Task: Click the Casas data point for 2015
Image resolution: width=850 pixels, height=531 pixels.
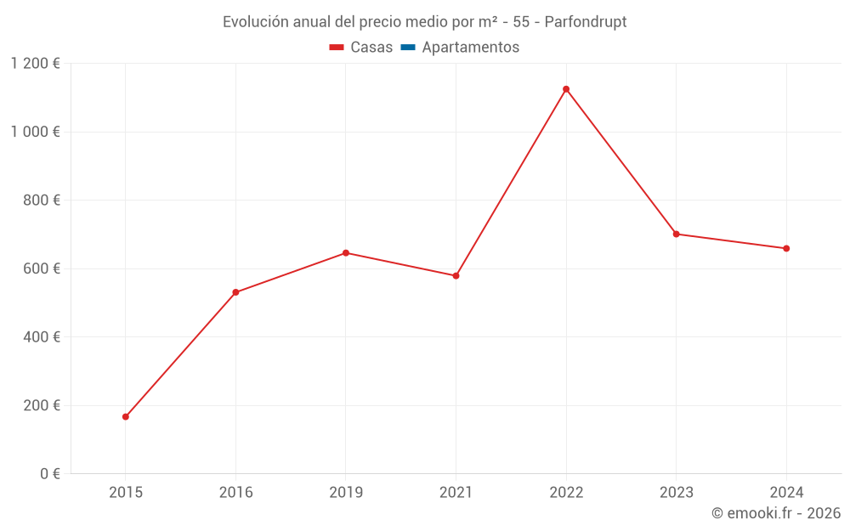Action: pyautogui.click(x=126, y=416)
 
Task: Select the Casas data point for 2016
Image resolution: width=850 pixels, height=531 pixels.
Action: pyautogui.click(x=235, y=292)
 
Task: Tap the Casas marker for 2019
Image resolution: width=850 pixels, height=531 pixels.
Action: pyautogui.click(x=346, y=253)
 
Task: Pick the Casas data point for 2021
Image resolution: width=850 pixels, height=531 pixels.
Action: pyautogui.click(x=456, y=276)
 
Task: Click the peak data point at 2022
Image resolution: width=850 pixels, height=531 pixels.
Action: pyautogui.click(x=566, y=89)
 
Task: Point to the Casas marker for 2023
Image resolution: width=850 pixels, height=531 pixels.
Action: pyautogui.click(x=677, y=234)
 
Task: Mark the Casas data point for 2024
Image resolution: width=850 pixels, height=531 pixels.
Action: pyautogui.click(x=786, y=248)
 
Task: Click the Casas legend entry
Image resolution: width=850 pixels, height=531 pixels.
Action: pyautogui.click(x=361, y=48)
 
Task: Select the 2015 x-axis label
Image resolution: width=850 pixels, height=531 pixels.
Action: pyautogui.click(x=126, y=492)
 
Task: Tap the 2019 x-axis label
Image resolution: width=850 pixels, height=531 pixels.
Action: pyautogui.click(x=346, y=492)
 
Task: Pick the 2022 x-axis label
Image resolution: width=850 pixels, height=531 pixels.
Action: pyautogui.click(x=566, y=492)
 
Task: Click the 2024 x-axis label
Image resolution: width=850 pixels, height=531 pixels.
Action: pyautogui.click(x=786, y=492)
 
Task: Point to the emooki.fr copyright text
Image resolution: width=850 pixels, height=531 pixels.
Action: pyautogui.click(x=776, y=513)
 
